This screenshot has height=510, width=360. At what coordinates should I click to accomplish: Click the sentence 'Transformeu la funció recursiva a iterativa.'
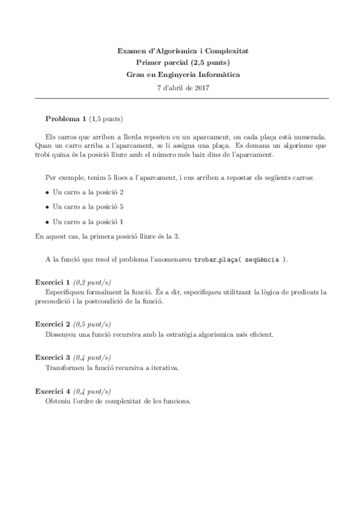[112, 366]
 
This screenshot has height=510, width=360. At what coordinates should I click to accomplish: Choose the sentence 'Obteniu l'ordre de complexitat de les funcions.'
[118, 400]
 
